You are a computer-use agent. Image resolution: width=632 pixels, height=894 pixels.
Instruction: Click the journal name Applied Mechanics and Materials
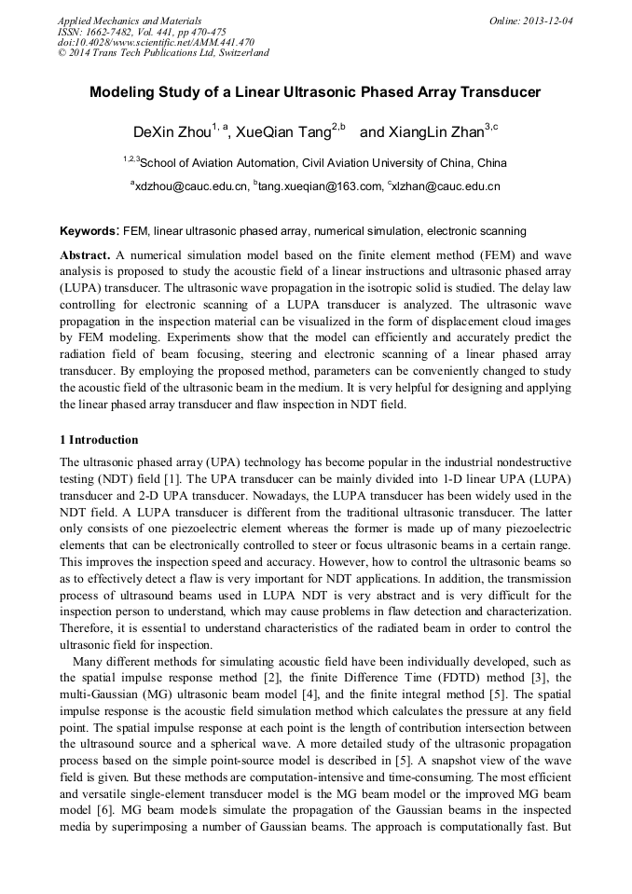point(130,20)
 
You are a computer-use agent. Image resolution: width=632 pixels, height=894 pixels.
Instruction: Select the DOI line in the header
point(156,42)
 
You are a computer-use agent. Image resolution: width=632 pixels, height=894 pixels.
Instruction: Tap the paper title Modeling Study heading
point(315,93)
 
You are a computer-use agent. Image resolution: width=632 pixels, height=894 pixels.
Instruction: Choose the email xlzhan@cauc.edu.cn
point(447,186)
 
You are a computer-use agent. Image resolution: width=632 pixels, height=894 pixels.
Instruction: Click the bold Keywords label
point(89,230)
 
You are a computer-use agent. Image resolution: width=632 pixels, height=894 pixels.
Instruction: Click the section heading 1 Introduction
point(99,440)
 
